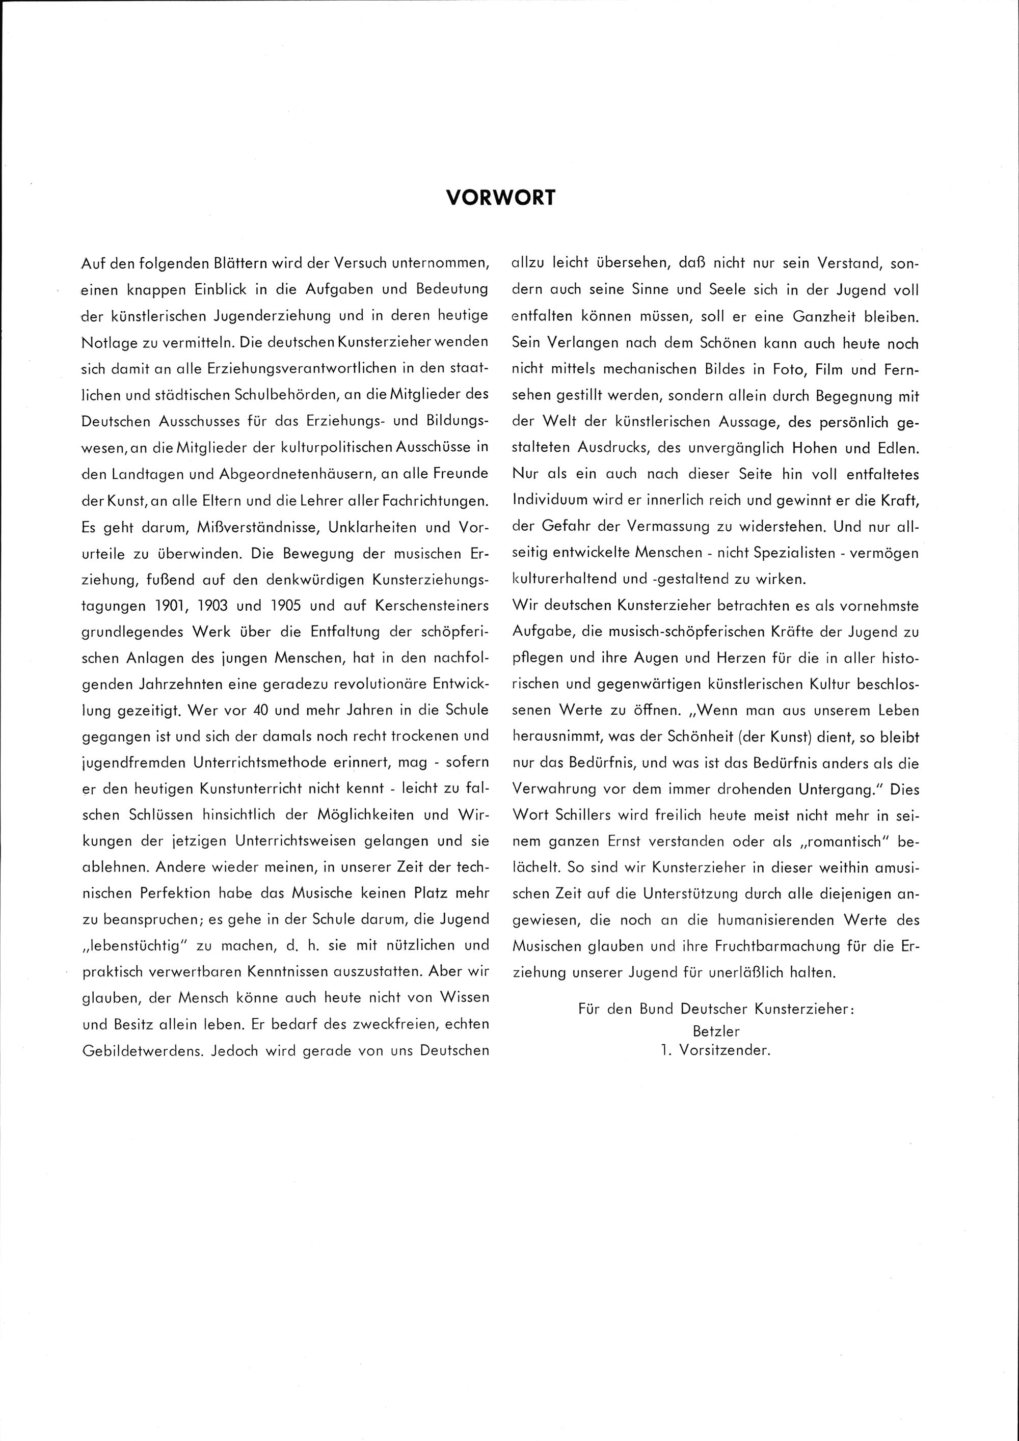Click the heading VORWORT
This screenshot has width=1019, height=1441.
500,198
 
